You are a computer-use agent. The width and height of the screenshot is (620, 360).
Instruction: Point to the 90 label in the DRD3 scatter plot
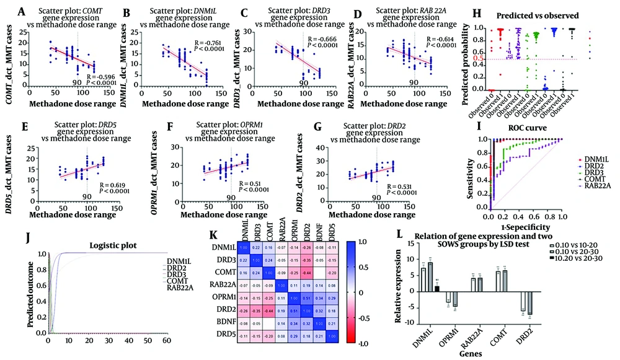304,82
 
